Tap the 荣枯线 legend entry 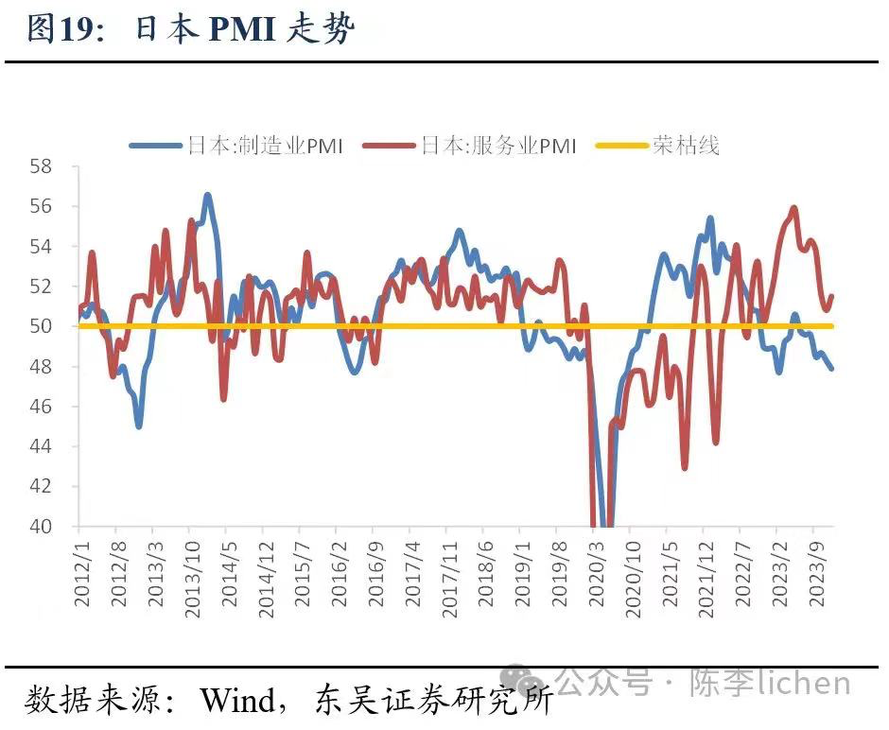[x=686, y=146]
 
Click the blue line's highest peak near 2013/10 [x=207, y=195]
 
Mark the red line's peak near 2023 [x=793, y=208]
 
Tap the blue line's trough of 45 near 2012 [x=139, y=426]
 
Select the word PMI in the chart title [x=241, y=30]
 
